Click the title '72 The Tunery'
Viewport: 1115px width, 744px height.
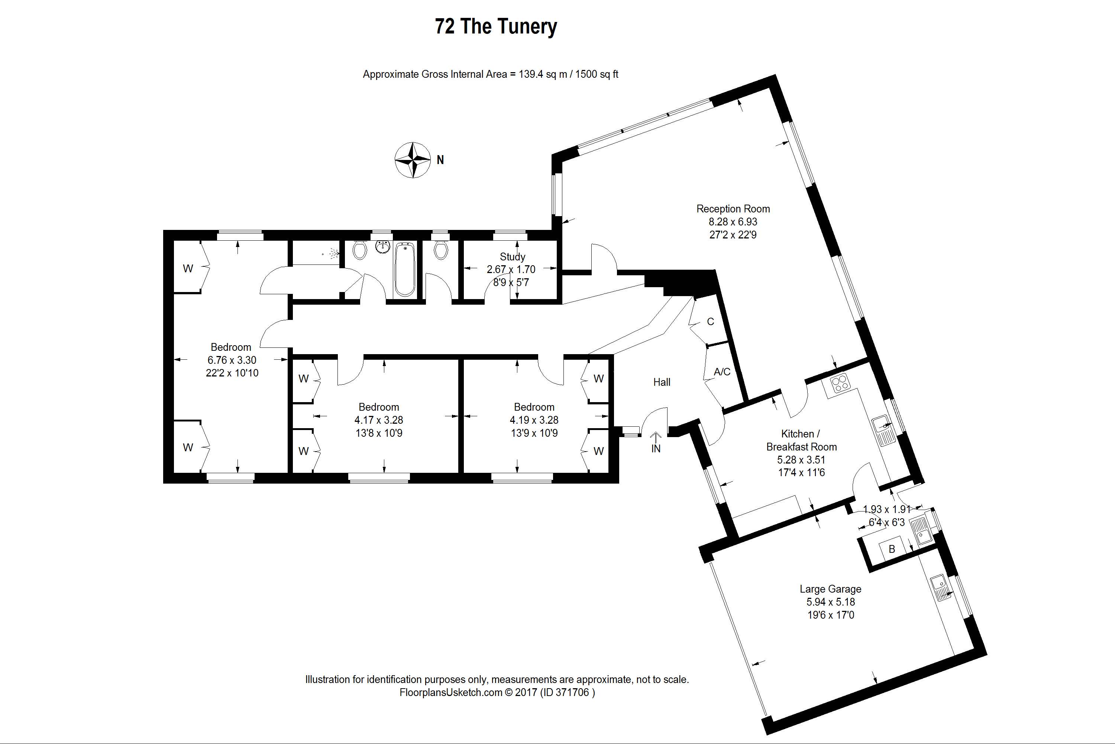(495, 26)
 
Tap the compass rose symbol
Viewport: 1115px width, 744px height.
(413, 160)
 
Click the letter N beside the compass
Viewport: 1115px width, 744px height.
(440, 160)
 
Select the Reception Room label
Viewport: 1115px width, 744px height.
(733, 209)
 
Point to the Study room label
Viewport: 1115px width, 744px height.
(513, 257)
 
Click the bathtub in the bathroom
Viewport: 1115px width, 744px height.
(405, 269)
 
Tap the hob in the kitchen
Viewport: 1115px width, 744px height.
(839, 383)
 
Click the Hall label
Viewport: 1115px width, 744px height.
(661, 382)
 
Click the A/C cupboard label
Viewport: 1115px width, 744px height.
(722, 372)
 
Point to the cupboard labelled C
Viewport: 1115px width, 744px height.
(710, 322)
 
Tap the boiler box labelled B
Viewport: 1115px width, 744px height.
(892, 549)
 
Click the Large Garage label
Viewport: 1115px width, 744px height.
(830, 589)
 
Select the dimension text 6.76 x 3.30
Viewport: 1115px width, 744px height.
(232, 360)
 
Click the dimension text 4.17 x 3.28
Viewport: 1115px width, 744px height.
(379, 420)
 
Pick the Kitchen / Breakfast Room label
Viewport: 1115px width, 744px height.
(801, 440)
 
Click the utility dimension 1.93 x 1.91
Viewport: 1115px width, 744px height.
(886, 509)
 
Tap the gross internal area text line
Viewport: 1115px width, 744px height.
(490, 74)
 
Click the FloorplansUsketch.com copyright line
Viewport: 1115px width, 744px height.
(497, 692)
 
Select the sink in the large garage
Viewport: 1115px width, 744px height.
(939, 587)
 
